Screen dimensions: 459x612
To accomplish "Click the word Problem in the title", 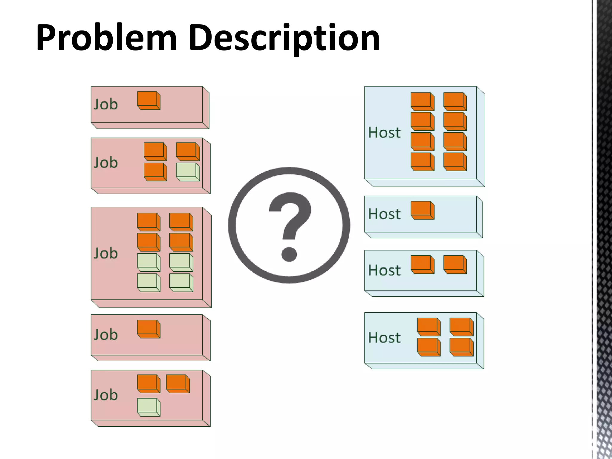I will tap(106, 38).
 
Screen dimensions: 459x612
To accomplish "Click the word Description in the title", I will tap(284, 38).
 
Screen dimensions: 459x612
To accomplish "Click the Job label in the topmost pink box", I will tap(105, 104).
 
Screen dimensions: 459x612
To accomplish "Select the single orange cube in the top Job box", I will tap(149, 100).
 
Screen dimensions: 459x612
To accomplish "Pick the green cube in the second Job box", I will tap(188, 172).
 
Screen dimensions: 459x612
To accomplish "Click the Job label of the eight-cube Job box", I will tap(105, 253).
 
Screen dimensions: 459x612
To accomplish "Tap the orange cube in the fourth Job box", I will tap(149, 329).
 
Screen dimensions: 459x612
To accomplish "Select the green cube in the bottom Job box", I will tap(149, 407).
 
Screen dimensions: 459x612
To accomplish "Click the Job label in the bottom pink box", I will tap(105, 395).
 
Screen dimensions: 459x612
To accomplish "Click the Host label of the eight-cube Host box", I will tap(384, 132).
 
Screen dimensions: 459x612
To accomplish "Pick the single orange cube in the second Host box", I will tap(422, 210).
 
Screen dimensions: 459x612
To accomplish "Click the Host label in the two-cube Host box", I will tap(384, 270).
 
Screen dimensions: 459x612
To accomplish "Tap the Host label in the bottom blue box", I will tap(384, 338).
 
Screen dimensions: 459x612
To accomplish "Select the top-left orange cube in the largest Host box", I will tap(422, 102).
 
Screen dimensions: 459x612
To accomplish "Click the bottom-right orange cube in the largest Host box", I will tap(455, 162).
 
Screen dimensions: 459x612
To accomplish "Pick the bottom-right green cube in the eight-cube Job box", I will tap(181, 282).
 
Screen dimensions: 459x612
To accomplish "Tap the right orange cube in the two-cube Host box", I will tap(455, 264).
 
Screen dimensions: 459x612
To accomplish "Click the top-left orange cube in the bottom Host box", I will tap(429, 327).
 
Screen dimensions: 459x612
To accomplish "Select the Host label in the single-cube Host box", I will tap(384, 214).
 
